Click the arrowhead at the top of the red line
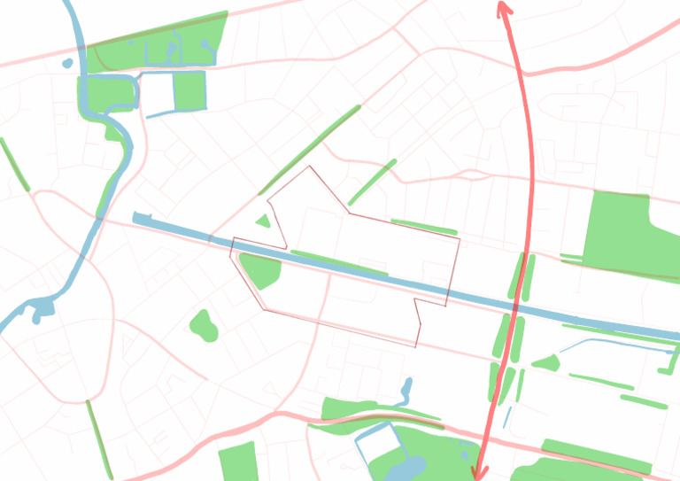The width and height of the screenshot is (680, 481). (503, 7)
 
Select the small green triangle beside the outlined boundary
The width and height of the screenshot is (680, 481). (262, 221)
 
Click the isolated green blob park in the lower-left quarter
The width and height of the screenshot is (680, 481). (204, 326)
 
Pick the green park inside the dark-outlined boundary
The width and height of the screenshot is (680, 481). (260, 269)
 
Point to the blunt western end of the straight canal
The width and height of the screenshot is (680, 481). (136, 216)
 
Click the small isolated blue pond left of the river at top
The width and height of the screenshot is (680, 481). (67, 63)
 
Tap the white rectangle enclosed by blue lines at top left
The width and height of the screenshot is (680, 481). (156, 94)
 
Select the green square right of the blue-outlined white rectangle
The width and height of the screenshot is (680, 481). (189, 91)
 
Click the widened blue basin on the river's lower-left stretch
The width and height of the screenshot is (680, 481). (40, 310)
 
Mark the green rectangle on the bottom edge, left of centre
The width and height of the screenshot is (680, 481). (237, 462)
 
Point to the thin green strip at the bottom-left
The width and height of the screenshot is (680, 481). (99, 439)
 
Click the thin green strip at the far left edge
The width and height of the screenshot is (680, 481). (14, 164)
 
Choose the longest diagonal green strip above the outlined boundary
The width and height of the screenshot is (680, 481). (310, 150)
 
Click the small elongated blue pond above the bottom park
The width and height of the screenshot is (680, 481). (406, 389)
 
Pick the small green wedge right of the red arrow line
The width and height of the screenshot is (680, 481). (546, 362)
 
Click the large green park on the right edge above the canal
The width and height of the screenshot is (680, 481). (624, 230)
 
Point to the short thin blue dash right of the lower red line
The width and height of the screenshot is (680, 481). (507, 417)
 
